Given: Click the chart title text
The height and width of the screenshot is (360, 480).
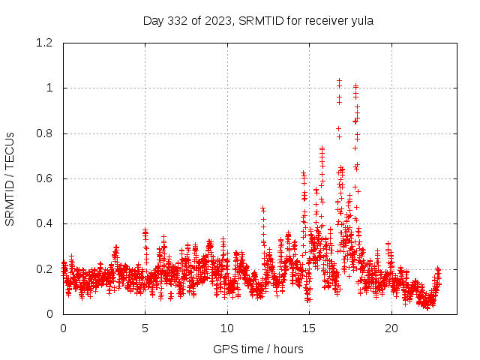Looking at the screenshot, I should point(258,21).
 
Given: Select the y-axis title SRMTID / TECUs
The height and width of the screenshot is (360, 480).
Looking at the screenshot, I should point(10,178).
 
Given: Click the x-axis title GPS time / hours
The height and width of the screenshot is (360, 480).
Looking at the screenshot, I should point(258,349).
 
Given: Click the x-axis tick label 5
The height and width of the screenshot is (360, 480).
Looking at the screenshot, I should point(145,328).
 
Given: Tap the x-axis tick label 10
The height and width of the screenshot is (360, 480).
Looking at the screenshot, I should point(227,328).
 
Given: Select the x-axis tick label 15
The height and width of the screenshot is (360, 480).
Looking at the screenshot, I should point(309,328).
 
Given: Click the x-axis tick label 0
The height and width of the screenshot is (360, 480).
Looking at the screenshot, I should point(64,328).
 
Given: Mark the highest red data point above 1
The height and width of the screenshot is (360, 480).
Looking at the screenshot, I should point(339,80).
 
